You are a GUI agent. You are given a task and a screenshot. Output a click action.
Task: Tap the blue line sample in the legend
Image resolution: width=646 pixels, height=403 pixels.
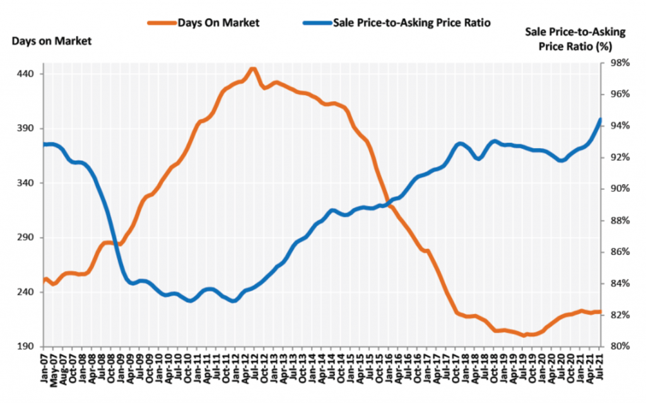point(319,23)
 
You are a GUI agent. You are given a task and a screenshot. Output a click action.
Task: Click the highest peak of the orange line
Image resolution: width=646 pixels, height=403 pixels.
point(252,69)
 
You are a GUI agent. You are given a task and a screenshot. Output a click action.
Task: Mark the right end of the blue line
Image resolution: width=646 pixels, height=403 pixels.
point(600,119)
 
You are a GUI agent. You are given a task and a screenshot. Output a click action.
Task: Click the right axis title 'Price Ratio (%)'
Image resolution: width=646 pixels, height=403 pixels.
point(574,47)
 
